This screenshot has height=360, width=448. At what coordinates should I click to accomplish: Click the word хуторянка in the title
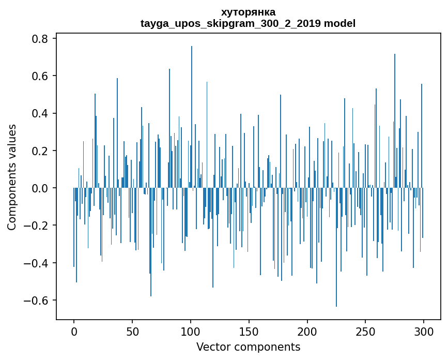(x=248, y=12)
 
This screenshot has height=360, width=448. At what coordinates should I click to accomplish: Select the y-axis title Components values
(x=12, y=177)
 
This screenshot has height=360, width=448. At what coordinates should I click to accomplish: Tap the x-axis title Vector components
(x=248, y=347)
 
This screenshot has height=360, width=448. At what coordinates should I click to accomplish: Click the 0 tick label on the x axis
(x=74, y=331)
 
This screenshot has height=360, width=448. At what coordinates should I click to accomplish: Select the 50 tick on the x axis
(x=132, y=331)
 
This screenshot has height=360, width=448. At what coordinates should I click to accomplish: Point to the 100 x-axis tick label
(x=191, y=331)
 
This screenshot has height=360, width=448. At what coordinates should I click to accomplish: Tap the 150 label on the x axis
(x=249, y=331)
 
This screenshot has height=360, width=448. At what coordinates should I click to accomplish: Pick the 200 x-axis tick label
(x=307, y=331)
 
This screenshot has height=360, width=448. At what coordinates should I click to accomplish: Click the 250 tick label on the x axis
(x=365, y=331)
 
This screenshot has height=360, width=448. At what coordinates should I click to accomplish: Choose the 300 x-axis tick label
(x=424, y=331)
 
